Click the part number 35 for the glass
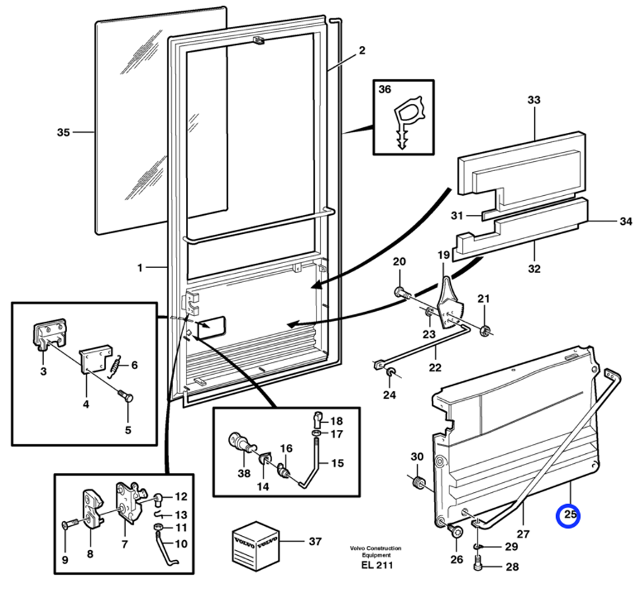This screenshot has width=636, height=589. (x=64, y=132)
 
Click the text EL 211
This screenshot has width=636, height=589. (x=375, y=565)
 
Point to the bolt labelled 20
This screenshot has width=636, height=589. (x=401, y=291)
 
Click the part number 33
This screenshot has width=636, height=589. (x=534, y=100)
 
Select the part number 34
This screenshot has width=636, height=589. (x=625, y=222)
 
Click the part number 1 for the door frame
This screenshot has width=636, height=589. (x=140, y=268)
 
